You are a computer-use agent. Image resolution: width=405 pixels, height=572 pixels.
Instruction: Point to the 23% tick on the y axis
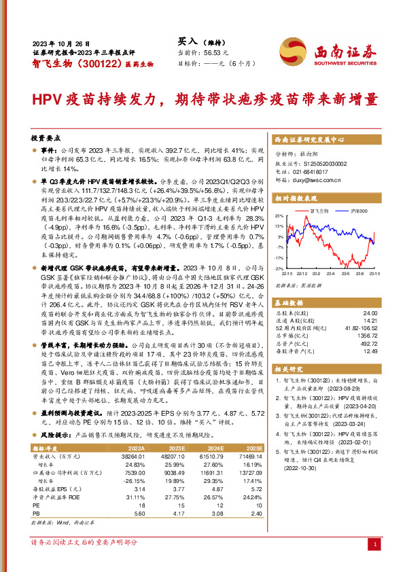tap(279, 216)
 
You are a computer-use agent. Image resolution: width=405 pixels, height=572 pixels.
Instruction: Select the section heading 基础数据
tap(290, 299)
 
